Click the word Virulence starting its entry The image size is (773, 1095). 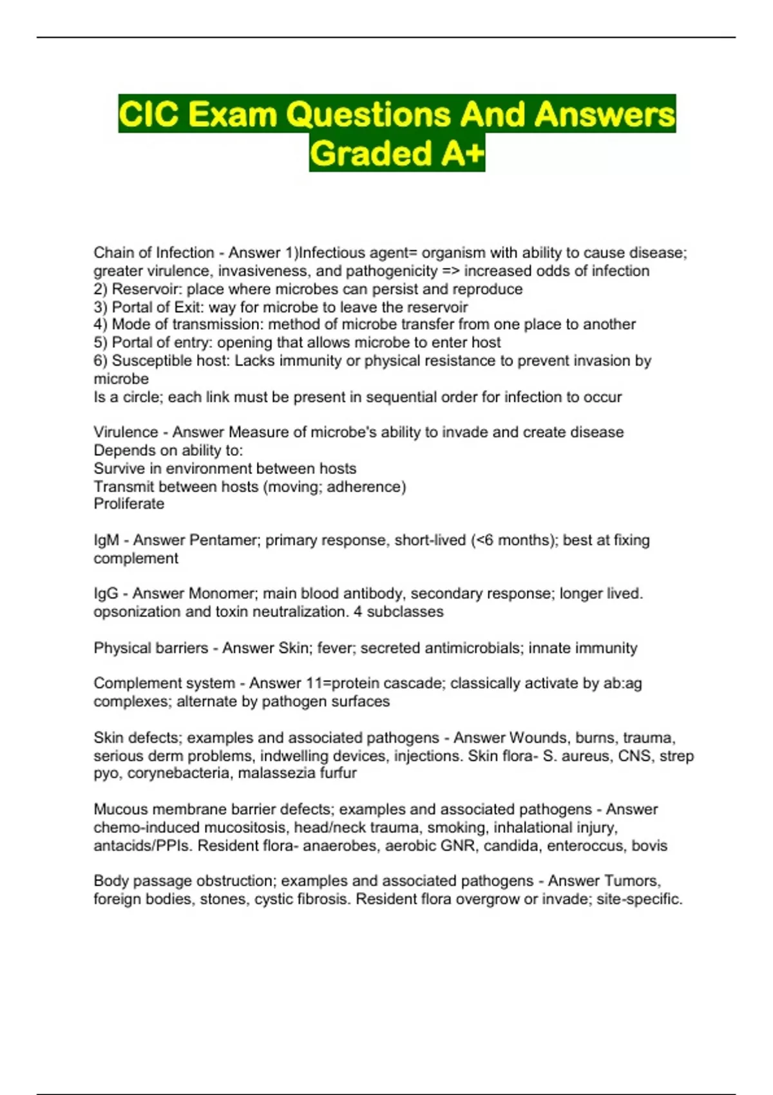click(126, 432)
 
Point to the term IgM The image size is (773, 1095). click(106, 540)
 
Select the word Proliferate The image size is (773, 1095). click(129, 504)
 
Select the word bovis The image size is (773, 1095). click(649, 846)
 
